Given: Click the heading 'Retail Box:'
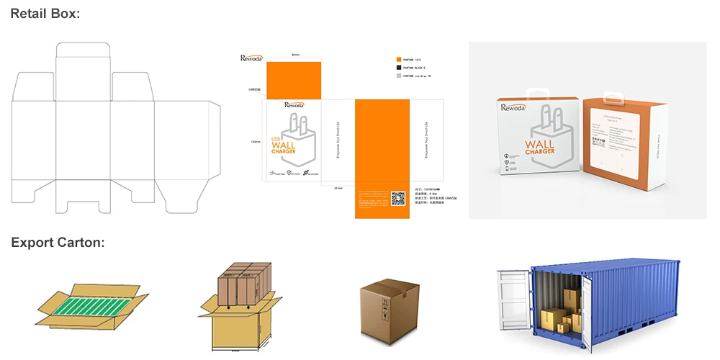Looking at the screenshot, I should point(45,14).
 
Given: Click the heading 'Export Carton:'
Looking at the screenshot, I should point(58,243).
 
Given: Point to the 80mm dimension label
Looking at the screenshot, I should point(295,55).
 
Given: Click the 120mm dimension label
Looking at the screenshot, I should point(255,142).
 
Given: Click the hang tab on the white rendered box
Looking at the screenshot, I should point(535,95).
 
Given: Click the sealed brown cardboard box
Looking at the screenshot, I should point(389,306).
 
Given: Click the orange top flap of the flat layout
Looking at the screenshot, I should point(294,81).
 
